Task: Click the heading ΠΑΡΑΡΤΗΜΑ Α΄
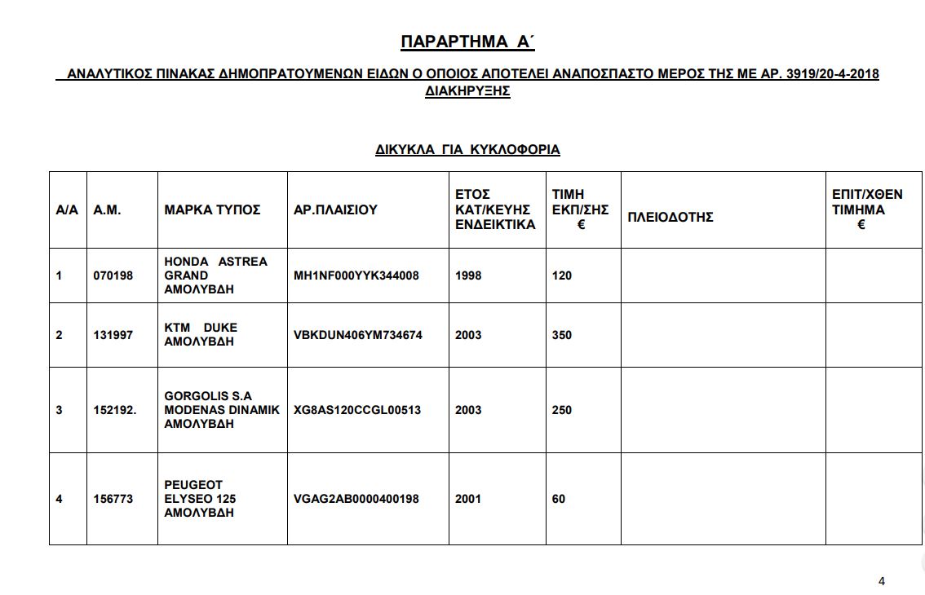pyautogui.click(x=467, y=42)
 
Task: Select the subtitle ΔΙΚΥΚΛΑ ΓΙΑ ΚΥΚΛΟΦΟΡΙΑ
pyautogui.click(x=467, y=150)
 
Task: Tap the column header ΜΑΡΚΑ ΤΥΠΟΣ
pyautogui.click(x=212, y=209)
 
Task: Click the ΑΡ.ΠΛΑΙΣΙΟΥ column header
pyautogui.click(x=335, y=209)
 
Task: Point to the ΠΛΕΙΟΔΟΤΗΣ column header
pyautogui.click(x=671, y=217)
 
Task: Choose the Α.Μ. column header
pyautogui.click(x=107, y=209)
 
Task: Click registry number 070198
pyautogui.click(x=113, y=275)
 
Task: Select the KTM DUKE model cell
pyautogui.click(x=201, y=334)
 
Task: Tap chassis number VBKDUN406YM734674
pyautogui.click(x=357, y=335)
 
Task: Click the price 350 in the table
pyautogui.click(x=562, y=335)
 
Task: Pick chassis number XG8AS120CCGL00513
pyautogui.click(x=357, y=410)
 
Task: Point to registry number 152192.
pyautogui.click(x=114, y=410)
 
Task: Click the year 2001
pyautogui.click(x=468, y=499)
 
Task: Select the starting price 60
pyautogui.click(x=559, y=499)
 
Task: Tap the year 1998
pyautogui.click(x=468, y=275)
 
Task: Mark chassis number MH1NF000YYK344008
pyautogui.click(x=356, y=275)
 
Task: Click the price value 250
pyautogui.click(x=562, y=410)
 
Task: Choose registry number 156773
pyautogui.click(x=113, y=499)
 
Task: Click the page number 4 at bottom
pyautogui.click(x=882, y=581)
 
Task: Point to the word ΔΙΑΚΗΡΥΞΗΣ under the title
pyautogui.click(x=467, y=91)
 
